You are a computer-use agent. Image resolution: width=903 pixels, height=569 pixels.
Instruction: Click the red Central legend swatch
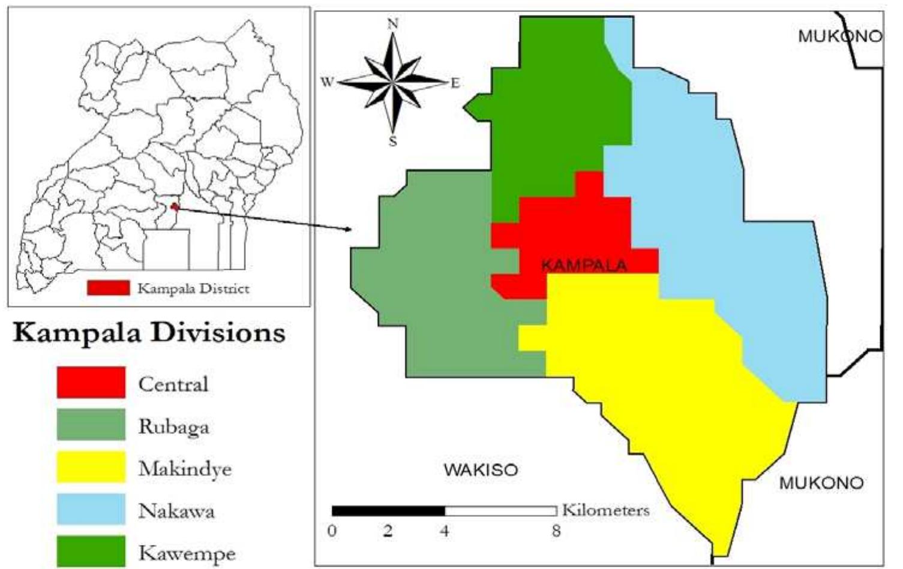tap(91, 383)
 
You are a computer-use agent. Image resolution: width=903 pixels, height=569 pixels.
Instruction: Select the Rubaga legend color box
tap(91, 425)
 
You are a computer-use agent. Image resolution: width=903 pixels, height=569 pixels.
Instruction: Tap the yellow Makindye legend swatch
tap(91, 467)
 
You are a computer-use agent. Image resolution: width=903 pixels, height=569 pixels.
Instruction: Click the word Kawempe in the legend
tap(187, 553)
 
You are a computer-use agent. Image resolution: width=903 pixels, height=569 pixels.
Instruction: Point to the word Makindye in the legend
tap(185, 468)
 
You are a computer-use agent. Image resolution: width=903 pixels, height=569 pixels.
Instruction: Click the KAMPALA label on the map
tap(584, 266)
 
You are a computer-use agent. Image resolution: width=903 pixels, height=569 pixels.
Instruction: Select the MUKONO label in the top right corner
tap(839, 37)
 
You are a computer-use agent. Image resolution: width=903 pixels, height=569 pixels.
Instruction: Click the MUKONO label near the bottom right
tap(821, 483)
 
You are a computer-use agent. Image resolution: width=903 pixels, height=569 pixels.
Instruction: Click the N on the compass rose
tap(393, 24)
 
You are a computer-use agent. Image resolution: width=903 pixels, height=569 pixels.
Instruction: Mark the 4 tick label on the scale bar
tap(445, 531)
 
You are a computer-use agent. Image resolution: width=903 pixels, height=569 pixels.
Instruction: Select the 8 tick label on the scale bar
tap(556, 531)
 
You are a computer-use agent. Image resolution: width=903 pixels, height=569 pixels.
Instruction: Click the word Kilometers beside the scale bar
tap(605, 510)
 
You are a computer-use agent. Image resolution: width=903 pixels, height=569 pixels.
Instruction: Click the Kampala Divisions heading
tap(149, 333)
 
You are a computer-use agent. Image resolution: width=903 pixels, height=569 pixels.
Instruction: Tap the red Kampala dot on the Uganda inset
tap(175, 207)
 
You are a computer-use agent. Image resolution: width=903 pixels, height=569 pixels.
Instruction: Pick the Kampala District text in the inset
tap(193, 288)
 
